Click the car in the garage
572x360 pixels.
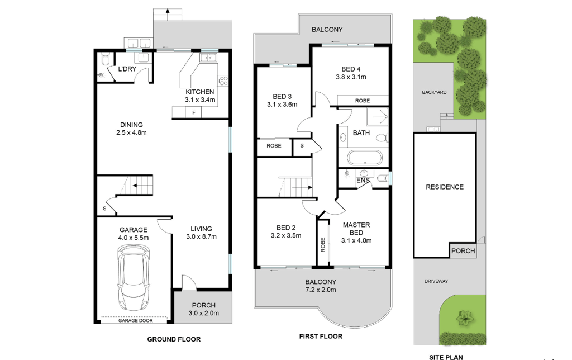tap(133, 277)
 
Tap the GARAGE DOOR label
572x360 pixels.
tap(135, 320)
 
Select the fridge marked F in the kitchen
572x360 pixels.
tap(194, 112)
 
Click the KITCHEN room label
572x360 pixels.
tap(200, 92)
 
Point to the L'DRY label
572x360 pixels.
tap(127, 69)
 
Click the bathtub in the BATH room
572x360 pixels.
tap(365, 158)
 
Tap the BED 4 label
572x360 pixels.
tap(351, 69)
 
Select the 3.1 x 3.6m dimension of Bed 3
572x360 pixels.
tap(282, 105)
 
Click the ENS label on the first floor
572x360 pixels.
tap(363, 181)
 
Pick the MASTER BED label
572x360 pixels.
tap(356, 229)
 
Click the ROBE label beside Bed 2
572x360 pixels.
tap(323, 245)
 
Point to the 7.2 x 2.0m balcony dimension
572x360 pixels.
tap(321, 290)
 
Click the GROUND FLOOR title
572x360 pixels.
tap(174, 339)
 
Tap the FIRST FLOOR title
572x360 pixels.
tap(321, 337)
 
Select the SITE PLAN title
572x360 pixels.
tap(446, 357)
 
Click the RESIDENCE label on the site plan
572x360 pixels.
tap(445, 187)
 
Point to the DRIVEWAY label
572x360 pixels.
tap(436, 281)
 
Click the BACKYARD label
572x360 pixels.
tap(434, 92)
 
